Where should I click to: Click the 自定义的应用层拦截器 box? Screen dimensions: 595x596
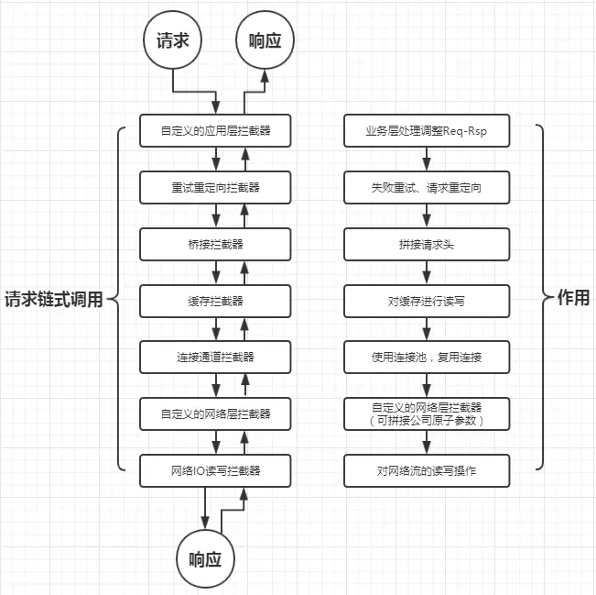point(217,131)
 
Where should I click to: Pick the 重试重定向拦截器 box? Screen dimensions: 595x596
point(217,187)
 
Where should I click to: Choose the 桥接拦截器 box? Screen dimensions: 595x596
point(217,244)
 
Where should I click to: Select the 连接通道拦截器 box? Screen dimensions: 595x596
point(217,357)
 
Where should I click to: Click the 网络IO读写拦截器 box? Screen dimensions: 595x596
point(217,470)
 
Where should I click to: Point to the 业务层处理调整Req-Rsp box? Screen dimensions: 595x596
point(426,131)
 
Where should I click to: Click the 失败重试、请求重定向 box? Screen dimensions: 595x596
point(426,187)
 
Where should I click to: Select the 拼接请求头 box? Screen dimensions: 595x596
point(426,244)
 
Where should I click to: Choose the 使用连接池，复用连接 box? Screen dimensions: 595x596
point(426,357)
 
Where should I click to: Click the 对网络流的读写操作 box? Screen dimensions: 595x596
point(426,470)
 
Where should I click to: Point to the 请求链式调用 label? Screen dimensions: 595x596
point(54,300)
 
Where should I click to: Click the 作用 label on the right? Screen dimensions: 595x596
point(573,299)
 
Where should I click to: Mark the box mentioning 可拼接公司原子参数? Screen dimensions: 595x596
point(426,413)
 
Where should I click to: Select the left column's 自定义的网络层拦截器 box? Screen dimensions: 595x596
point(217,413)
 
